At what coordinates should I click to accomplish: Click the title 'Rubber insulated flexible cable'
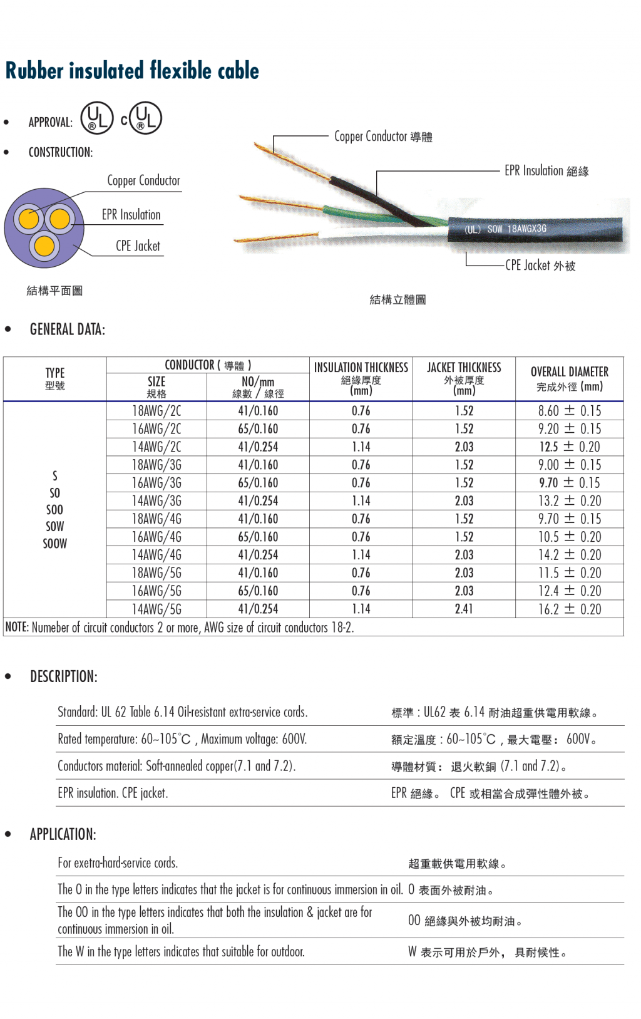pyautogui.click(x=132, y=71)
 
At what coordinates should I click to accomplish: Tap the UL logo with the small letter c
pyautogui.click(x=141, y=118)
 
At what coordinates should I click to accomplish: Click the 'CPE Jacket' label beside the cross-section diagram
pyautogui.click(x=138, y=246)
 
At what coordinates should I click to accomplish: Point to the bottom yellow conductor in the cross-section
pyautogui.click(x=44, y=246)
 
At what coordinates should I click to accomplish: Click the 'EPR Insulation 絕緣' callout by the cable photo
pyautogui.click(x=546, y=171)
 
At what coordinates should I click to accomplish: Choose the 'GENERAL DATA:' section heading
pyautogui.click(x=67, y=329)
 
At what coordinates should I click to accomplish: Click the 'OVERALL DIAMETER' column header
pyautogui.click(x=569, y=372)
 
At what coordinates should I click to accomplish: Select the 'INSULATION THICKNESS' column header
pyautogui.click(x=361, y=368)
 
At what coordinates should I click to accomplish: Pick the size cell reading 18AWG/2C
pyautogui.click(x=156, y=411)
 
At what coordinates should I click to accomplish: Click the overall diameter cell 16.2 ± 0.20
pyautogui.click(x=569, y=609)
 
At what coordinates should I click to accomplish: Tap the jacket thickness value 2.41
pyautogui.click(x=464, y=609)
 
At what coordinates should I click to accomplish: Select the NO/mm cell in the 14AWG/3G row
pyautogui.click(x=258, y=501)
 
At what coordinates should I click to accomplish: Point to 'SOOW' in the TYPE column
pyautogui.click(x=54, y=544)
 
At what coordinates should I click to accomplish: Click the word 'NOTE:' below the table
pyautogui.click(x=17, y=628)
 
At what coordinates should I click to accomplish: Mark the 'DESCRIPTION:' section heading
pyautogui.click(x=63, y=676)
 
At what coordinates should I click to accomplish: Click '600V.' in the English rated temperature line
pyautogui.click(x=294, y=739)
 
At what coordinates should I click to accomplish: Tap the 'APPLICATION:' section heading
pyautogui.click(x=63, y=834)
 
